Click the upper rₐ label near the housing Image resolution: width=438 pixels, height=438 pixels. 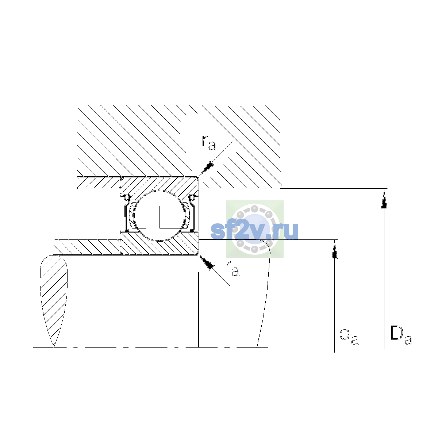point(209,143)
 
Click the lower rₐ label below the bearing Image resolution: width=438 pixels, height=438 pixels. point(232,269)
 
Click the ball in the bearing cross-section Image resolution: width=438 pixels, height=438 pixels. point(160,215)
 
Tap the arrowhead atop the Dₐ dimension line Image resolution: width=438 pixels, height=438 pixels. point(384,198)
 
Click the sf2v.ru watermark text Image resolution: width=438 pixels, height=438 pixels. point(254,230)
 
